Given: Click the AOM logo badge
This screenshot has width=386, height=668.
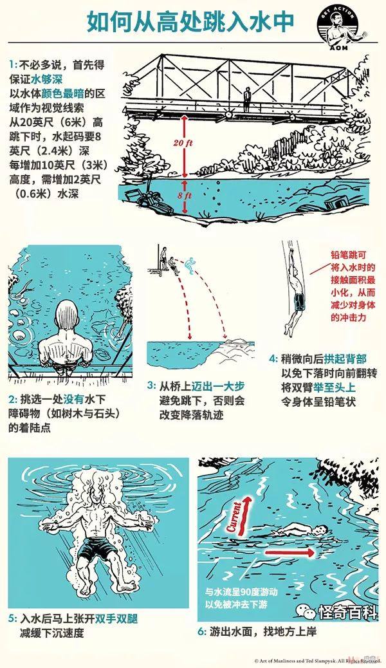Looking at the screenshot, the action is click(x=339, y=28).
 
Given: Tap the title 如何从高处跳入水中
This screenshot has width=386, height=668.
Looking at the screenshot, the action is click(x=190, y=23).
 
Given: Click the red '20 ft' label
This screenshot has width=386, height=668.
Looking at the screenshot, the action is click(x=183, y=143).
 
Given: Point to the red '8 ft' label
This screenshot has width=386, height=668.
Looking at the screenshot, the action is click(x=185, y=196).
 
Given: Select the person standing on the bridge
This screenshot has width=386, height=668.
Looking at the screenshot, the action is click(x=246, y=100).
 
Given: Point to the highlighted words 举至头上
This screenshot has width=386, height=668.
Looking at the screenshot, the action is click(x=334, y=387).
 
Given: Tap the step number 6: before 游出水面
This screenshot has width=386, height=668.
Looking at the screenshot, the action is click(x=202, y=631).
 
